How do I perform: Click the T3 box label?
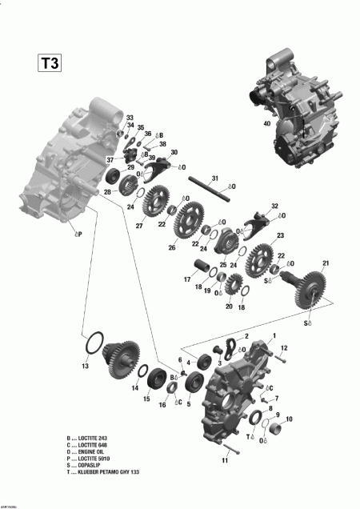tap(47, 62)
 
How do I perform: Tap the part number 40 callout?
tap(266, 123)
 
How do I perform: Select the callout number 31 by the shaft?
tap(214, 177)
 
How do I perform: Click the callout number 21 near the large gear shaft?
tap(325, 263)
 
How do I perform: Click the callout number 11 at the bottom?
tap(225, 461)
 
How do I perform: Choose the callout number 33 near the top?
tap(130, 118)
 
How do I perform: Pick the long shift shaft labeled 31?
tap(212, 193)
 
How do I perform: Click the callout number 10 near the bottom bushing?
tap(289, 419)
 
